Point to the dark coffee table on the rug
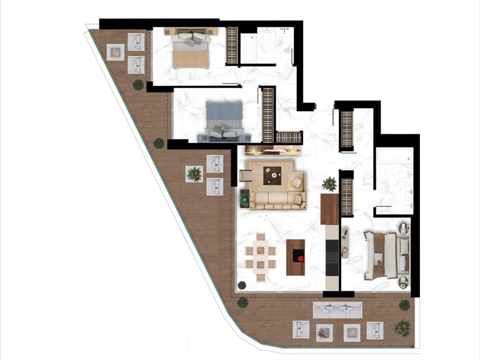[272, 176]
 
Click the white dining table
[261, 256]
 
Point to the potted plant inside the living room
[329, 184]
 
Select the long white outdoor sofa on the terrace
[337, 309]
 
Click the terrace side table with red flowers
[322, 332]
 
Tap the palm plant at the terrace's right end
[403, 326]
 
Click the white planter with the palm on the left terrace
[194, 174]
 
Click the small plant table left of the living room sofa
[244, 197]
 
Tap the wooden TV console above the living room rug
[273, 150]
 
